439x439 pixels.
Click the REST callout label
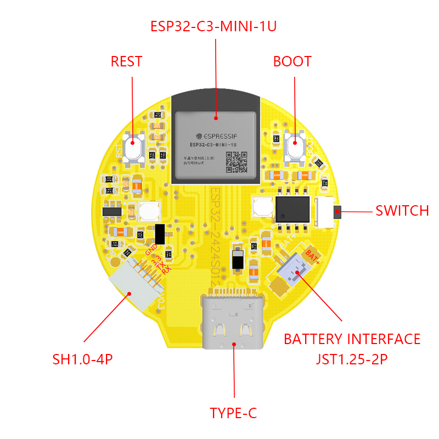pos(126,61)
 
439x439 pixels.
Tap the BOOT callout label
pos(292,61)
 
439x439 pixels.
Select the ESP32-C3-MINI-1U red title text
pos(214,26)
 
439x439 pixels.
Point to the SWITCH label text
pos(402,211)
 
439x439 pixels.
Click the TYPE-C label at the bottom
pos(233,413)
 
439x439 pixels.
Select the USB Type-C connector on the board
pos(233,321)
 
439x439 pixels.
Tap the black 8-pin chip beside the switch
pos(292,209)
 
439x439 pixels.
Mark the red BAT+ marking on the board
pos(313,255)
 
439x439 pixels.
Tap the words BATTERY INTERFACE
pos(352,339)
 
